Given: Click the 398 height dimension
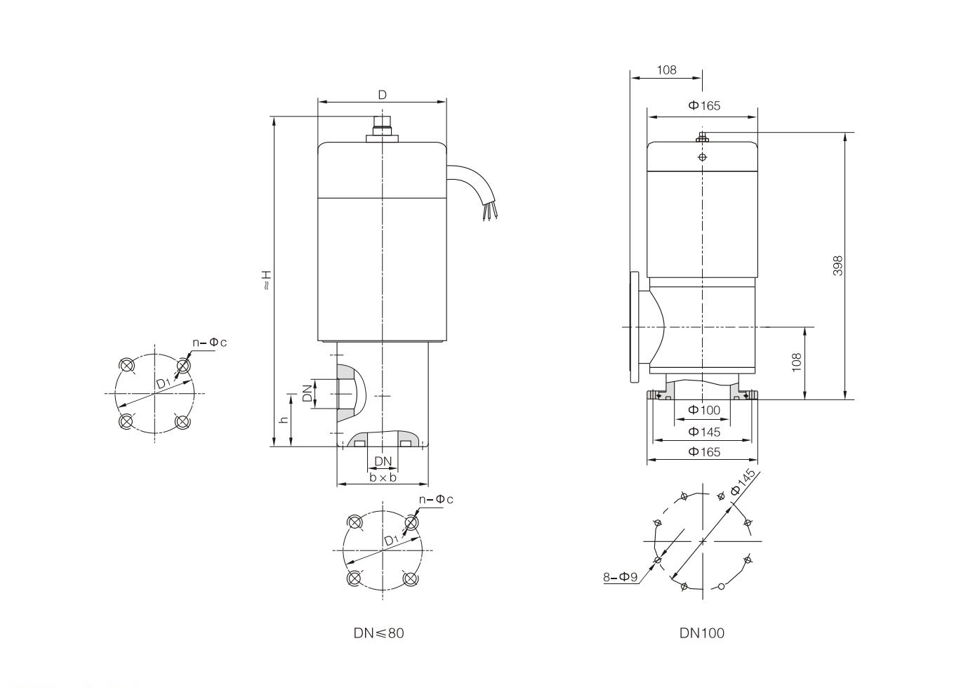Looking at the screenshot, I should click(x=837, y=265).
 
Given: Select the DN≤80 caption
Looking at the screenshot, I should click(x=379, y=633).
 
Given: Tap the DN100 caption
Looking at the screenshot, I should click(x=701, y=633).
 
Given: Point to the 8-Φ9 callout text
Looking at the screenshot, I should click(x=621, y=577).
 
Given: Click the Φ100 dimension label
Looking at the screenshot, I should click(x=703, y=411).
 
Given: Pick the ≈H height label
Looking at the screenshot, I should click(x=266, y=281).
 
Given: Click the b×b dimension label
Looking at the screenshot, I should click(x=383, y=477).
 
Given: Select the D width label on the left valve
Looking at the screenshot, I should click(x=383, y=95).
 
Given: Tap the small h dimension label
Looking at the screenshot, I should click(x=284, y=420).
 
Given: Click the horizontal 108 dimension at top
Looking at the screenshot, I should click(x=666, y=70).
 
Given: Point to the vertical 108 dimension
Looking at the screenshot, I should click(x=796, y=362).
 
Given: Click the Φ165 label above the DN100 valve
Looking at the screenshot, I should click(x=703, y=106).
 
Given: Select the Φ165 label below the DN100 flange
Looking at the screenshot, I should click(x=703, y=452).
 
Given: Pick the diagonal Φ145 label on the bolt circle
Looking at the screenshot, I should click(x=743, y=482).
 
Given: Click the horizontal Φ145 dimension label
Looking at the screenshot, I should click(x=703, y=432).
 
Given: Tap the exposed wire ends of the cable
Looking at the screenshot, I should click(x=489, y=213).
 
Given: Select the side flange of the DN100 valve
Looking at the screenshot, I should click(x=635, y=327).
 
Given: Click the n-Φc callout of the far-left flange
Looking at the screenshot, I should click(x=210, y=343).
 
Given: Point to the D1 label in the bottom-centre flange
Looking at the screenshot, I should click(x=392, y=540).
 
